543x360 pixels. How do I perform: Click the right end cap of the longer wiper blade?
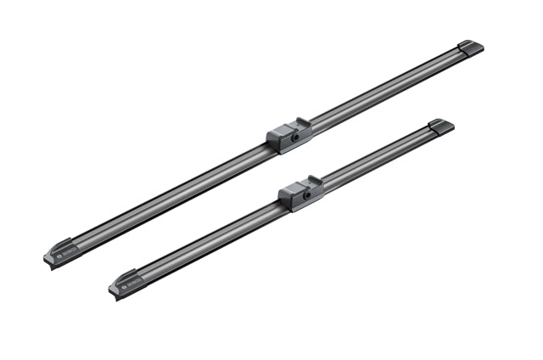tap(470, 48)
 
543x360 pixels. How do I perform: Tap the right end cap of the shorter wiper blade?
tap(440, 126)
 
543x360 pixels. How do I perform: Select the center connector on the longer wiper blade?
tap(289, 135)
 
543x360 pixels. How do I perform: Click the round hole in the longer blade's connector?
tap(294, 136)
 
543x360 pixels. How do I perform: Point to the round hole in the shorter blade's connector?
tap(307, 194)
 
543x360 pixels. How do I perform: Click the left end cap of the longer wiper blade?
tap(61, 253)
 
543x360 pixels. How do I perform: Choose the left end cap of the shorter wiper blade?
tap(126, 283)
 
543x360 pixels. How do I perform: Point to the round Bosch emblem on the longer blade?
tap(59, 253)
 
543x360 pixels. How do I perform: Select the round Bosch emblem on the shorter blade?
tap(125, 284)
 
